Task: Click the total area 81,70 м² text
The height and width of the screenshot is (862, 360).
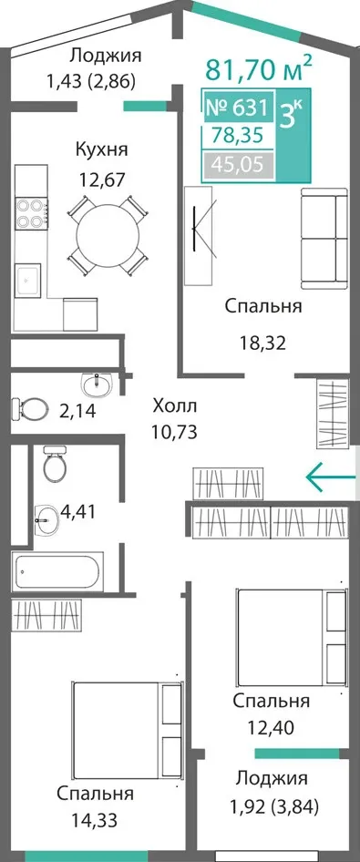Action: tap(259, 70)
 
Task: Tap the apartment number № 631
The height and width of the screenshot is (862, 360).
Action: tap(237, 107)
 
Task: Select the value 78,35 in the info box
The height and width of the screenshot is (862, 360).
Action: tap(238, 135)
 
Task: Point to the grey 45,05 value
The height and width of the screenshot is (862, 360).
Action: tap(238, 164)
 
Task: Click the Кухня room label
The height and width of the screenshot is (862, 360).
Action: tap(102, 149)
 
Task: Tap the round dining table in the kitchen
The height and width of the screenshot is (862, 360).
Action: tap(108, 235)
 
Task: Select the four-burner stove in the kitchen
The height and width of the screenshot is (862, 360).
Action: tap(30, 213)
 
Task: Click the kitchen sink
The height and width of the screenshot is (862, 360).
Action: tap(28, 281)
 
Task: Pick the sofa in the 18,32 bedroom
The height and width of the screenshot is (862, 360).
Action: tap(324, 238)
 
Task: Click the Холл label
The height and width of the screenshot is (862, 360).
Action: tap(174, 406)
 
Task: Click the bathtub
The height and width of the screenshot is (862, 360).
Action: tap(57, 572)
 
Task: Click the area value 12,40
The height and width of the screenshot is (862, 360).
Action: tap(271, 728)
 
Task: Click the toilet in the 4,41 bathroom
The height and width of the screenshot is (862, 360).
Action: tap(55, 464)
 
